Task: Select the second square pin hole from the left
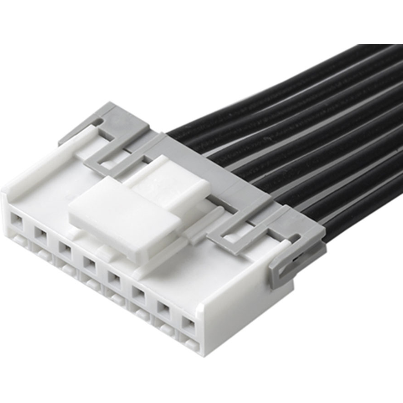41,235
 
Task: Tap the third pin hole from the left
65,249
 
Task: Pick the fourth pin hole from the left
89,263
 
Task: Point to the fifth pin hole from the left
113,277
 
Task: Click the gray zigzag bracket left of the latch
114,159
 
